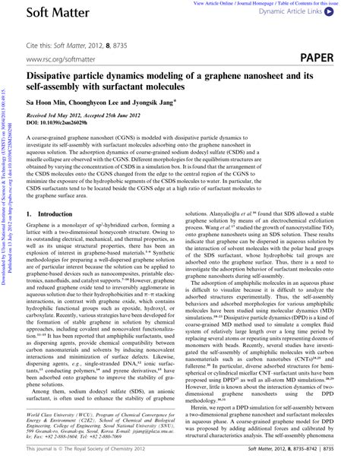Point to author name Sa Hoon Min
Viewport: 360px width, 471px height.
46,103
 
